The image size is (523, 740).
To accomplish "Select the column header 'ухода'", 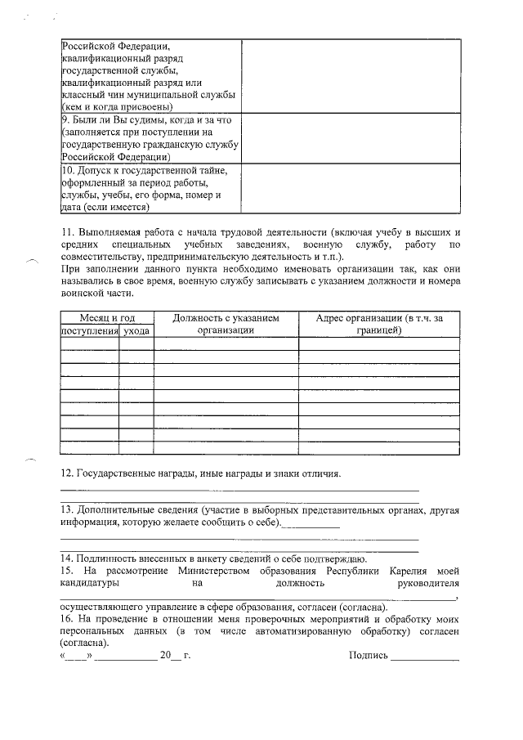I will point(136,330).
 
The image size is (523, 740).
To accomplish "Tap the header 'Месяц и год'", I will point(107,317).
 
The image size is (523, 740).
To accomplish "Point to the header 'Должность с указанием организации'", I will point(226,324).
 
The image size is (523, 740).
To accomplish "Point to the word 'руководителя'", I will point(427,583).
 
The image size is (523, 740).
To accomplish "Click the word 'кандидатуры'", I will point(91,583).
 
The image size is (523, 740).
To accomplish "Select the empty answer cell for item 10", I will point(350,189).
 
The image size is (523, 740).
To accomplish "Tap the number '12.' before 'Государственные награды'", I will point(67,473).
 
